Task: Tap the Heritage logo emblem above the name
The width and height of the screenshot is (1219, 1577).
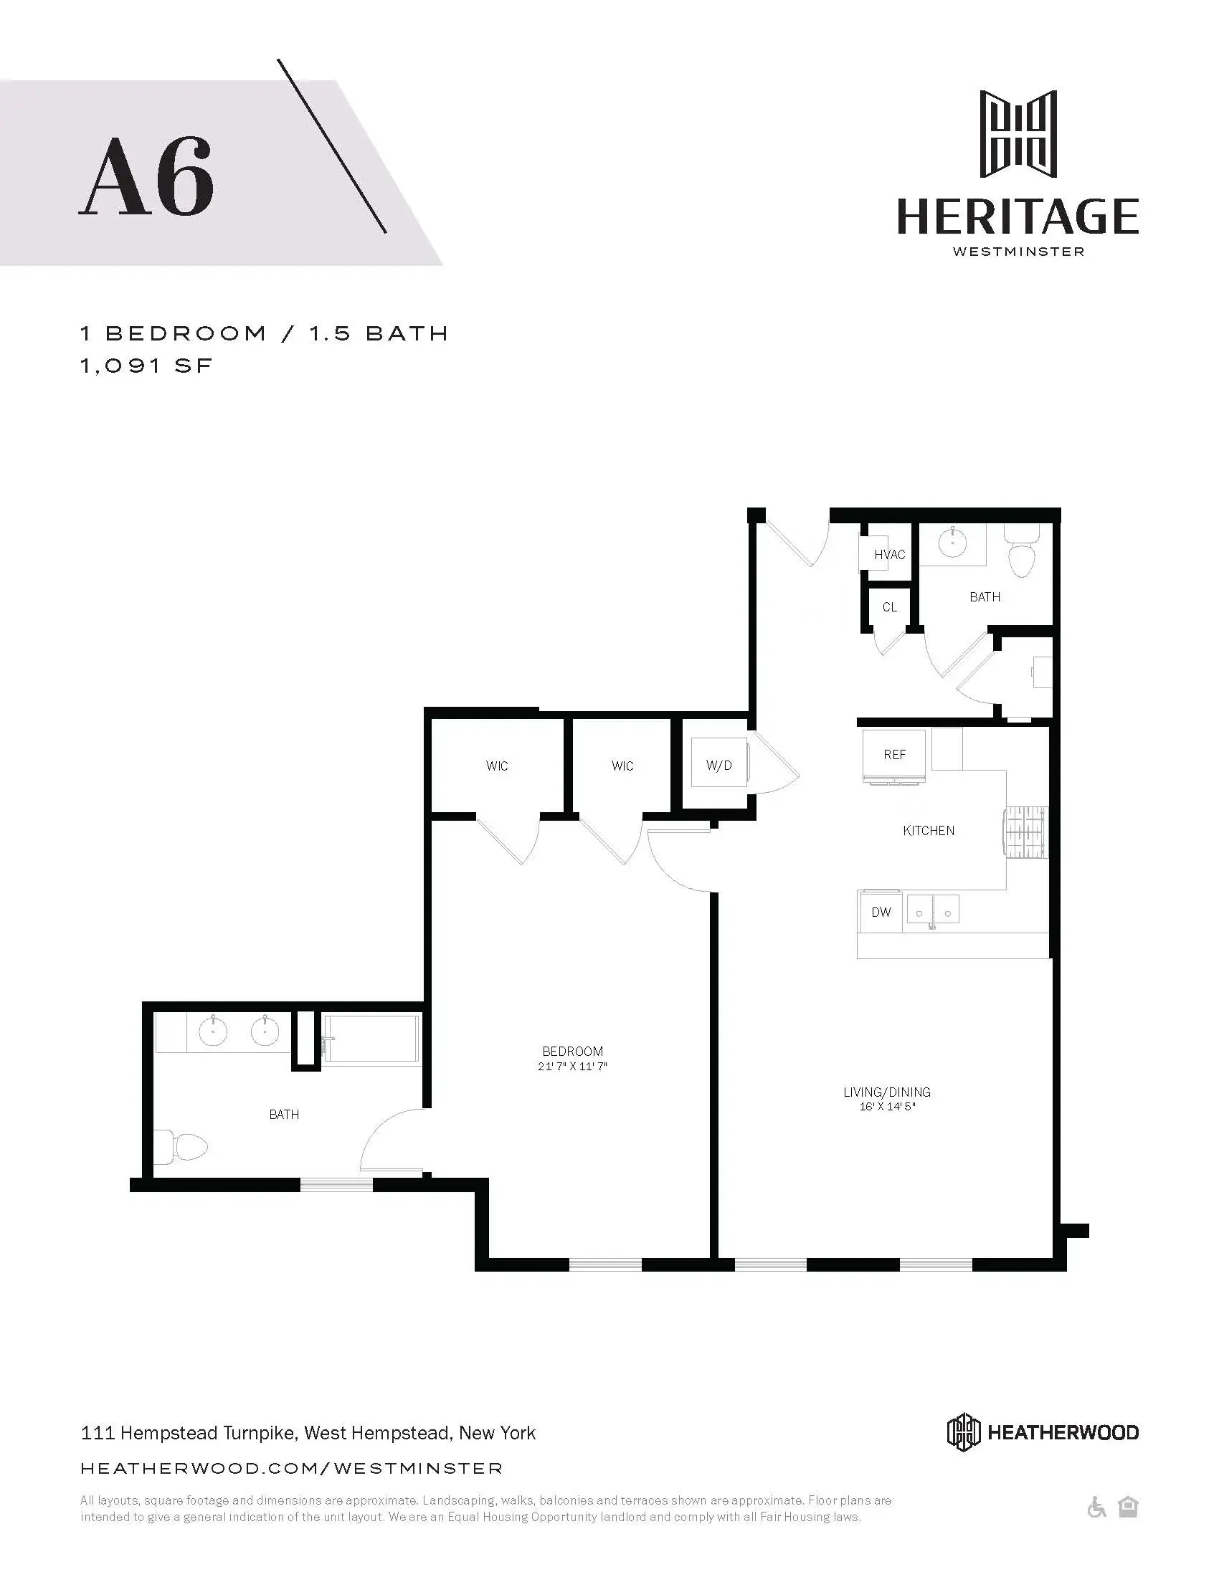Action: [1018, 134]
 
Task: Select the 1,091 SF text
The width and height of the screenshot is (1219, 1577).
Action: [146, 366]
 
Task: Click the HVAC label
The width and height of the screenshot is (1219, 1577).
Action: [889, 555]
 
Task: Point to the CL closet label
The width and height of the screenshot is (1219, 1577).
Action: [889, 607]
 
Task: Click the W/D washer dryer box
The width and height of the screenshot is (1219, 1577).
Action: [718, 765]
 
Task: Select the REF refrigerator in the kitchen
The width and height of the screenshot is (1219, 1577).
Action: [894, 756]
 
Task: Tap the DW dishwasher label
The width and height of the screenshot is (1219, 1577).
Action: [881, 912]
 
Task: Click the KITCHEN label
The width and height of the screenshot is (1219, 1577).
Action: [929, 830]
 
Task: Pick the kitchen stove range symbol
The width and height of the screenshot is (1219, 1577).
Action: [1025, 832]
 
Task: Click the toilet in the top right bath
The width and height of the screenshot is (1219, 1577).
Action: [1021, 553]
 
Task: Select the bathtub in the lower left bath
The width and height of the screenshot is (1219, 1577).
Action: [371, 1040]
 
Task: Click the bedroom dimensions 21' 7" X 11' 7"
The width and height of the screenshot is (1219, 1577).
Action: [572, 1067]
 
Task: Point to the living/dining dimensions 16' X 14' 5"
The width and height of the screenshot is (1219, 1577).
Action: [887, 1107]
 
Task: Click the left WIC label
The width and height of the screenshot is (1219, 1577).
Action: [497, 766]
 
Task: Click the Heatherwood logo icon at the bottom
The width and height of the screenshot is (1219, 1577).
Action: [963, 1433]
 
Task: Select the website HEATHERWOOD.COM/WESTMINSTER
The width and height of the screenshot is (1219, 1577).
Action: [292, 1468]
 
